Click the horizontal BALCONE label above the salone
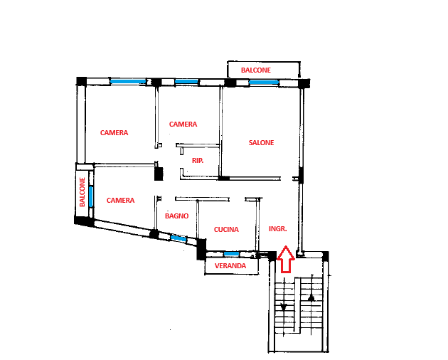pos(256,70)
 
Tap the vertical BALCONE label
pos(82,192)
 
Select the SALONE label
pos(261,143)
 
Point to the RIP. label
pos(198,161)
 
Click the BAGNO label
pos(177,216)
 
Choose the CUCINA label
pos(226,229)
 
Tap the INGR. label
pos(278,229)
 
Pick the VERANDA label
pos(230,266)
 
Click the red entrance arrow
pos(286,259)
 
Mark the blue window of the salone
pos(264,83)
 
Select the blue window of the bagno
pos(178,238)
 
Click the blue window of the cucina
pos(231,253)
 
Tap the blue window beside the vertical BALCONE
pos(91,196)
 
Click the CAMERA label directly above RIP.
pos(183,124)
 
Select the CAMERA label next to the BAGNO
pos(121,200)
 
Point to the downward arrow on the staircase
pos(284,307)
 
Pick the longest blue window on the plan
pos(128,82)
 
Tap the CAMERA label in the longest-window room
pos(114,132)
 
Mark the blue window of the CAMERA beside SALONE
pos(186,82)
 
